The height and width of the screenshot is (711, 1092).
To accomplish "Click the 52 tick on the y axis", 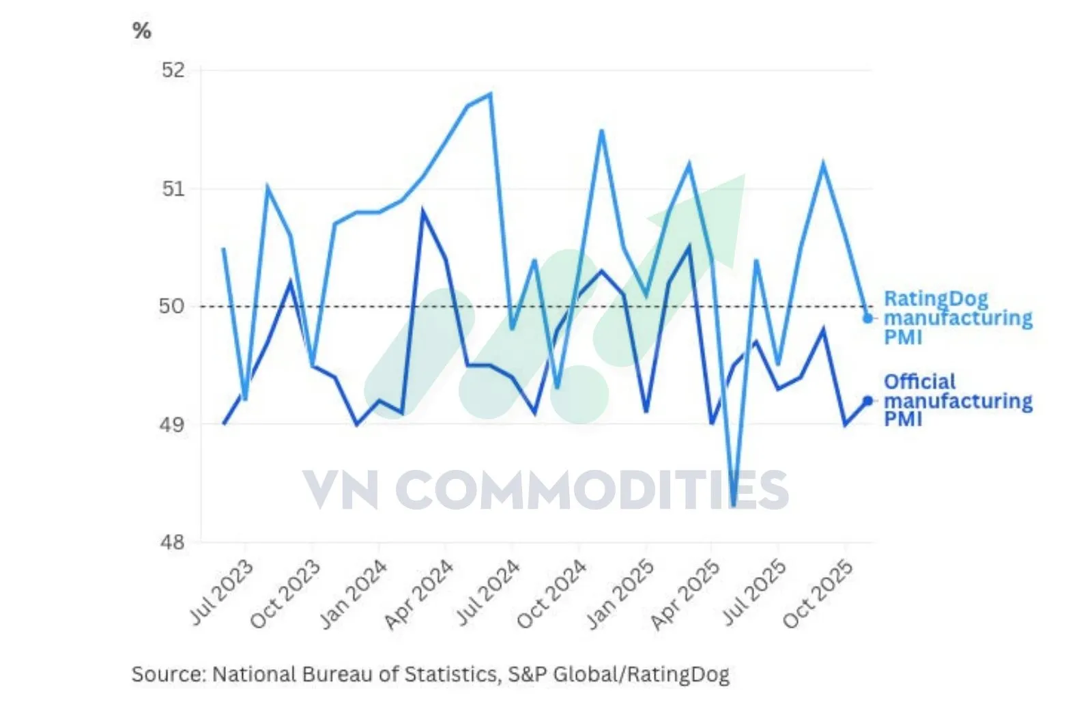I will (173, 70).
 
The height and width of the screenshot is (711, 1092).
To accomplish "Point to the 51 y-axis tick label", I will (173, 189).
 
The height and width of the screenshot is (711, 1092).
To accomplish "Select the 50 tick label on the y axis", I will (172, 306).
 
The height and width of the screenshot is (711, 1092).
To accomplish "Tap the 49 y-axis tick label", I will (172, 424).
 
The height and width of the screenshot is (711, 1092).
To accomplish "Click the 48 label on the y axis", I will (172, 542).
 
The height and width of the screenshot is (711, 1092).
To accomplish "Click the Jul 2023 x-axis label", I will (221, 592).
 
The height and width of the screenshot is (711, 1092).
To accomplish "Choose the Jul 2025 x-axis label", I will (754, 592).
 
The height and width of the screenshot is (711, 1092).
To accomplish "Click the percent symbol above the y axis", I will (142, 31).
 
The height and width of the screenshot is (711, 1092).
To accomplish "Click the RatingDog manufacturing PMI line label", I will (956, 318).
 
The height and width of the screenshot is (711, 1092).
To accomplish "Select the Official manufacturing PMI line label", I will (956, 400).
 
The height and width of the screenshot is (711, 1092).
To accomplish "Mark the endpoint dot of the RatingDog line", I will (867, 318).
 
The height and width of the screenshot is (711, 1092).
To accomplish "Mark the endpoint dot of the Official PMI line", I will (867, 401).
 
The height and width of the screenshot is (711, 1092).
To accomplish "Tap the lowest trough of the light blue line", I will (734, 505).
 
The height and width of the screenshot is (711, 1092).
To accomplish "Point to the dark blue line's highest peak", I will (423, 211).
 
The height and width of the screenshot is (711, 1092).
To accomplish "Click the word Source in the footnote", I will (167, 675).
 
